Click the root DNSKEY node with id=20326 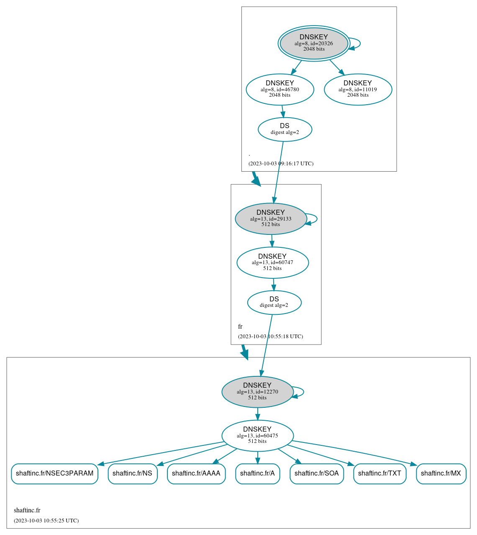pyautogui.click(x=314, y=43)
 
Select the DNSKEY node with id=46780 pyautogui.click(x=280, y=89)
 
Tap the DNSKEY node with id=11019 pyautogui.click(x=358, y=89)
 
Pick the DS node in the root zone pyautogui.click(x=285, y=129)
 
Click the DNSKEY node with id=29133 pyautogui.click(x=271, y=219)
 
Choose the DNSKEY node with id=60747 pyautogui.click(x=272, y=262)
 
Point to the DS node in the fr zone pyautogui.click(x=274, y=302)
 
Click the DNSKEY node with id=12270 pyautogui.click(x=257, y=392)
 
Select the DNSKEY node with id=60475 pyautogui.click(x=257, y=436)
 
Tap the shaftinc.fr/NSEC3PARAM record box pyautogui.click(x=54, y=473)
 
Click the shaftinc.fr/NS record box pyautogui.click(x=132, y=473)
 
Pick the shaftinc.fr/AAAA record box pyautogui.click(x=196, y=473)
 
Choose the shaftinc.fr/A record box pyautogui.click(x=257, y=473)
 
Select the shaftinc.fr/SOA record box pyautogui.click(x=317, y=473)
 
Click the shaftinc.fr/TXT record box pyautogui.click(x=380, y=473)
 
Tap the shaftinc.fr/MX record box pyautogui.click(x=441, y=473)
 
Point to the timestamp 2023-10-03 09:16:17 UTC pyautogui.click(x=281, y=163)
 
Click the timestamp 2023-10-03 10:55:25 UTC pyautogui.click(x=46, y=520)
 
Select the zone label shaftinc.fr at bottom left pyautogui.click(x=27, y=510)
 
